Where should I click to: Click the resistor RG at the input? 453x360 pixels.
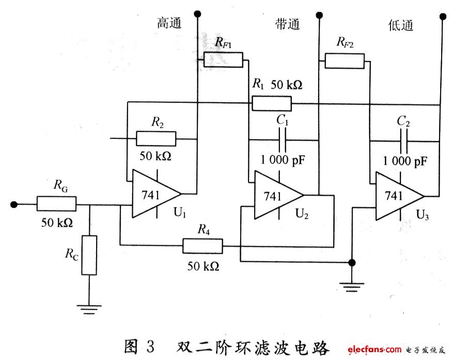(56, 204)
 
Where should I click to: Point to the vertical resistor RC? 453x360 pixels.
(89, 255)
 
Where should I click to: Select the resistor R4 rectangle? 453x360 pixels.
(202, 246)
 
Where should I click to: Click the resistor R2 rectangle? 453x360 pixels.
(156, 139)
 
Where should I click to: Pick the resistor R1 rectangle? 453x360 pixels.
(272, 103)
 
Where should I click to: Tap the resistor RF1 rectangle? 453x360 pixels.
(223, 60)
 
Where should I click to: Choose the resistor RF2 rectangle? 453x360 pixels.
(345, 60)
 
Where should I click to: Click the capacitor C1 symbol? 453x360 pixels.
(283, 139)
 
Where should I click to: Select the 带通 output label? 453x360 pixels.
(287, 24)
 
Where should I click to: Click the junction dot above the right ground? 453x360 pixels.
(352, 262)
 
